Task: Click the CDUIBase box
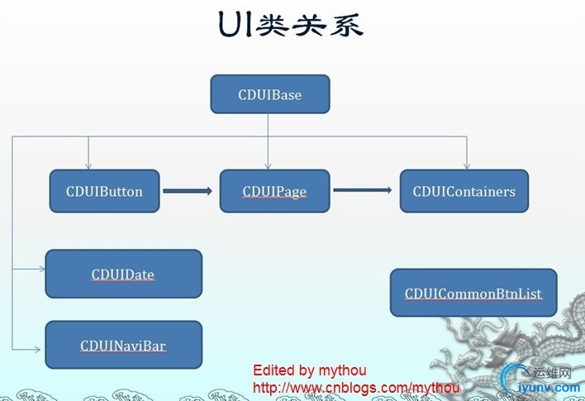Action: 270,94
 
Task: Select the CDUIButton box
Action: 104,191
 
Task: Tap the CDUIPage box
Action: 274,191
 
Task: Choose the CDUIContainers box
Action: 464,191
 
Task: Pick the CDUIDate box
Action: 123,274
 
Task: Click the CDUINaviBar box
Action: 123,345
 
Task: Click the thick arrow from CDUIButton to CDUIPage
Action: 188,191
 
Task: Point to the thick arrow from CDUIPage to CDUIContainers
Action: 363,191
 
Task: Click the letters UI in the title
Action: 235,25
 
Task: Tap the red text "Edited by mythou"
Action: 309,370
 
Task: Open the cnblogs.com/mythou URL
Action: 355,387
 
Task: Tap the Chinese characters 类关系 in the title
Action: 309,25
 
